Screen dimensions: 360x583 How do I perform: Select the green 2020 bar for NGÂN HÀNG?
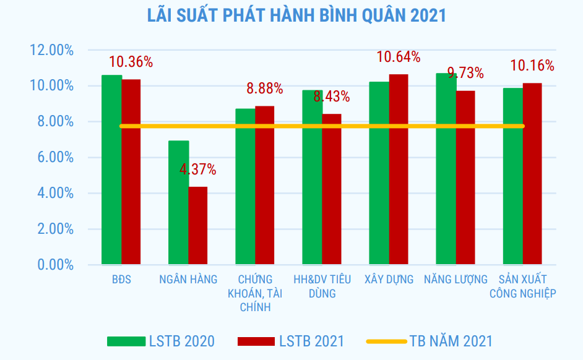[179, 204]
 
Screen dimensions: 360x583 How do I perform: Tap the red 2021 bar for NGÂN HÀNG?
[198, 226]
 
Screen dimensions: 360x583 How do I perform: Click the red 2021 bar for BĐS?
[131, 173]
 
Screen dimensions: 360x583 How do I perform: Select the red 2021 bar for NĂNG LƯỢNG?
[465, 179]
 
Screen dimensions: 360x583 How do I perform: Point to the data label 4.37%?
[198, 169]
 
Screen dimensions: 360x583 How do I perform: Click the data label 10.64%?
[399, 58]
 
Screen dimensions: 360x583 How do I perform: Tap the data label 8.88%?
[265, 89]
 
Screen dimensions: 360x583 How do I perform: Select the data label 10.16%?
[532, 66]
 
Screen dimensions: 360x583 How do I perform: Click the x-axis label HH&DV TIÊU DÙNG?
[322, 286]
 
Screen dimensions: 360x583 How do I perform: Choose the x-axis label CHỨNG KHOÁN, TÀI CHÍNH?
[255, 293]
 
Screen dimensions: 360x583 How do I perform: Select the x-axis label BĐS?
[122, 280]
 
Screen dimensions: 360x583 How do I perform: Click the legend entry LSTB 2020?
[161, 341]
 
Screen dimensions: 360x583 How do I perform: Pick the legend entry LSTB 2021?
[291, 341]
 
